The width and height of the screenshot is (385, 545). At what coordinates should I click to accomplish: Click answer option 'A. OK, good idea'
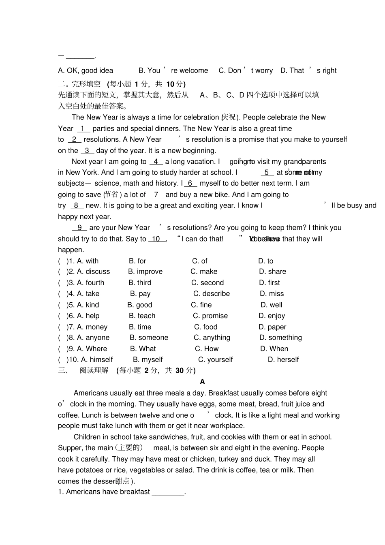(x=86, y=71)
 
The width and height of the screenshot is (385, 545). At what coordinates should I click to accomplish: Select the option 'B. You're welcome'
(x=173, y=71)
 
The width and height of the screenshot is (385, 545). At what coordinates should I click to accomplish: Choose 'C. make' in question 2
(x=204, y=271)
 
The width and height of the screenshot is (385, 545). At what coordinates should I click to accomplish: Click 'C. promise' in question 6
(x=210, y=316)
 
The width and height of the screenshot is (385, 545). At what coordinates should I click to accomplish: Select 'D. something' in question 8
(x=280, y=338)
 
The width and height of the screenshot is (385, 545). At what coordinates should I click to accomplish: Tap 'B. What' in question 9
(x=143, y=349)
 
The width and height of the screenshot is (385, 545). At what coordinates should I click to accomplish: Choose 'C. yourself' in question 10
(x=215, y=360)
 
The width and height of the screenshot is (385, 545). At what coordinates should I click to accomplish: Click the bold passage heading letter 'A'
(x=203, y=382)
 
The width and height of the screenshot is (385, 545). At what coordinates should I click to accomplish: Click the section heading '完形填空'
(x=86, y=84)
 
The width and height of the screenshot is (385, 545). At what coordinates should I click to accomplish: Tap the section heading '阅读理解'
(x=94, y=370)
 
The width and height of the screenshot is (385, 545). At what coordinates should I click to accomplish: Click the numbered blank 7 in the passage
(x=156, y=195)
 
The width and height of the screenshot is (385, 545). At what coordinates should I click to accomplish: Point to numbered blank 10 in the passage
(x=156, y=239)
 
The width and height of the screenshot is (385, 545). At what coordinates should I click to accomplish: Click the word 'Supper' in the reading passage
(x=70, y=448)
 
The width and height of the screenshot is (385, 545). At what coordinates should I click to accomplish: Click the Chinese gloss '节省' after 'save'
(x=112, y=195)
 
